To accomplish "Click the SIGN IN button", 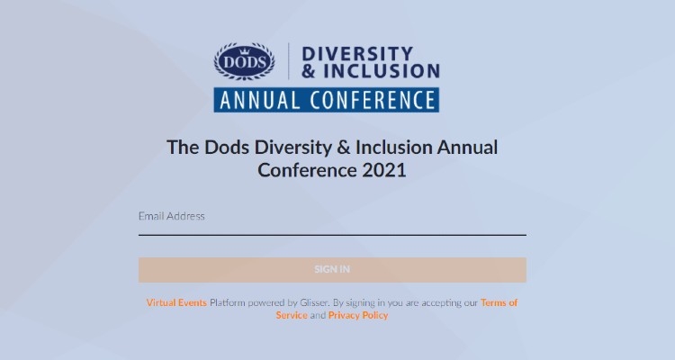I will pyautogui.click(x=332, y=269).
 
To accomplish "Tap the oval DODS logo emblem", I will pyautogui.click(x=244, y=60).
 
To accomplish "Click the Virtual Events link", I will pyautogui.click(x=176, y=303).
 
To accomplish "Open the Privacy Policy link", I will pyautogui.click(x=358, y=316).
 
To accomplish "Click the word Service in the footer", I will pyautogui.click(x=292, y=316).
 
